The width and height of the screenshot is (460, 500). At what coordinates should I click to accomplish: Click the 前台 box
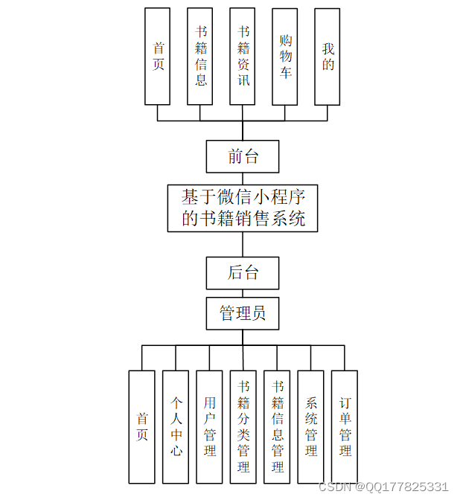click(x=243, y=156)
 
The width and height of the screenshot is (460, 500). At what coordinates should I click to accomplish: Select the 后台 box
click(x=243, y=272)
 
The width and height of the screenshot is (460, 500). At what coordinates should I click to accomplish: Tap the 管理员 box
click(x=243, y=313)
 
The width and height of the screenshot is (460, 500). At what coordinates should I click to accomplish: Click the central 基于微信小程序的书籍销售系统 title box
click(x=243, y=208)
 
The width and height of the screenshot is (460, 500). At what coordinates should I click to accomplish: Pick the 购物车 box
click(x=285, y=56)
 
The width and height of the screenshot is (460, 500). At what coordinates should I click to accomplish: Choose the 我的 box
click(x=328, y=56)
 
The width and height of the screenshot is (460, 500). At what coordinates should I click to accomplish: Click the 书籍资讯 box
click(x=243, y=56)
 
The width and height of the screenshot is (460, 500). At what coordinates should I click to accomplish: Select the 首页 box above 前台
click(x=158, y=56)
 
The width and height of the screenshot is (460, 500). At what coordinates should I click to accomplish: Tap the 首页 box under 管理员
click(x=141, y=426)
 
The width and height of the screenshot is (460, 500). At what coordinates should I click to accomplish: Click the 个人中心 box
click(x=176, y=426)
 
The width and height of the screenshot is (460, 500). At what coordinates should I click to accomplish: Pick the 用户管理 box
click(x=209, y=426)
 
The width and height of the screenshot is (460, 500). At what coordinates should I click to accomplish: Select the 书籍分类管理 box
click(x=243, y=426)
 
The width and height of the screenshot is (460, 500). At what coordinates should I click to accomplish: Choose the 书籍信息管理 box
click(x=277, y=426)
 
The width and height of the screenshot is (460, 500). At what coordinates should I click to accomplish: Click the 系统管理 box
click(x=311, y=426)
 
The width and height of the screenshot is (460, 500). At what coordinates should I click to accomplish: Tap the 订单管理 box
click(x=345, y=426)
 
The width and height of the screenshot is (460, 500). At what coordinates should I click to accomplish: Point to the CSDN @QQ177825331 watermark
click(x=383, y=487)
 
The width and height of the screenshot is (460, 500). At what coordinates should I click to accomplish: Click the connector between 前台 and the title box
click(x=243, y=179)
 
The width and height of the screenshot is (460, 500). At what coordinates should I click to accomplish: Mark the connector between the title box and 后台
click(x=243, y=244)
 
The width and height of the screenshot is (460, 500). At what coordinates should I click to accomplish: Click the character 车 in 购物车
click(x=285, y=72)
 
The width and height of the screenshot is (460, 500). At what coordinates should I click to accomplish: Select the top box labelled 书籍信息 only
click(x=200, y=56)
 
